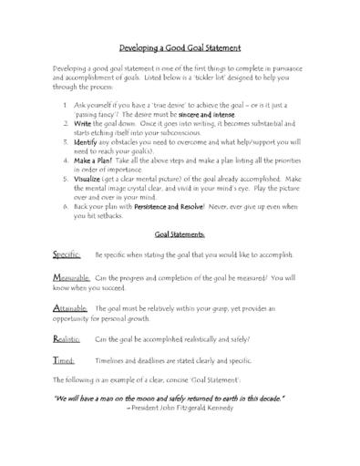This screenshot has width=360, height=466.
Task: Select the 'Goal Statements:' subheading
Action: pyautogui.click(x=180, y=233)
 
